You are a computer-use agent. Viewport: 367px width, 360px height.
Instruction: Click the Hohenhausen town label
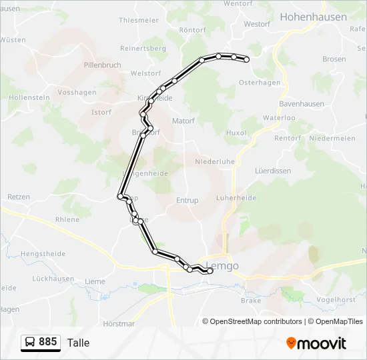click(313, 17)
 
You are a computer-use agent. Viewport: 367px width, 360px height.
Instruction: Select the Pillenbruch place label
click(102, 65)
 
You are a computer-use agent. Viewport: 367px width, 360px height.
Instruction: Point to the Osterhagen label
click(260, 83)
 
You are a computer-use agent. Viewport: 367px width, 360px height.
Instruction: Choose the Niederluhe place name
click(214, 161)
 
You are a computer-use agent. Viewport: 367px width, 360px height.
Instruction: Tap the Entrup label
click(188, 200)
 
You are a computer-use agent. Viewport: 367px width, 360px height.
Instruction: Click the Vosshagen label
click(78, 93)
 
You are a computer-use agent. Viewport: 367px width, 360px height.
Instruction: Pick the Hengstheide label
click(43, 254)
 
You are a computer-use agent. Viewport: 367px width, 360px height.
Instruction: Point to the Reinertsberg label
click(143, 49)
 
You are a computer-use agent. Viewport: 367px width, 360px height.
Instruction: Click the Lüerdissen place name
click(273, 171)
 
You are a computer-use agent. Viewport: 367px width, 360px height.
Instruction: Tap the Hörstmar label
click(119, 323)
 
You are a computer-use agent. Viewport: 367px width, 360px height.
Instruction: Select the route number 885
click(48, 342)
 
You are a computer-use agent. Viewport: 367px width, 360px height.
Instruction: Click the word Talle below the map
click(78, 343)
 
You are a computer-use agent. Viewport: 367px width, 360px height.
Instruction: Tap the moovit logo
click(316, 343)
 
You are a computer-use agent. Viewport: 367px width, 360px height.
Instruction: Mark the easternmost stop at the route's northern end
click(246, 59)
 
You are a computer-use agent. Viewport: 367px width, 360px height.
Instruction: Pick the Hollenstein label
click(29, 97)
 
